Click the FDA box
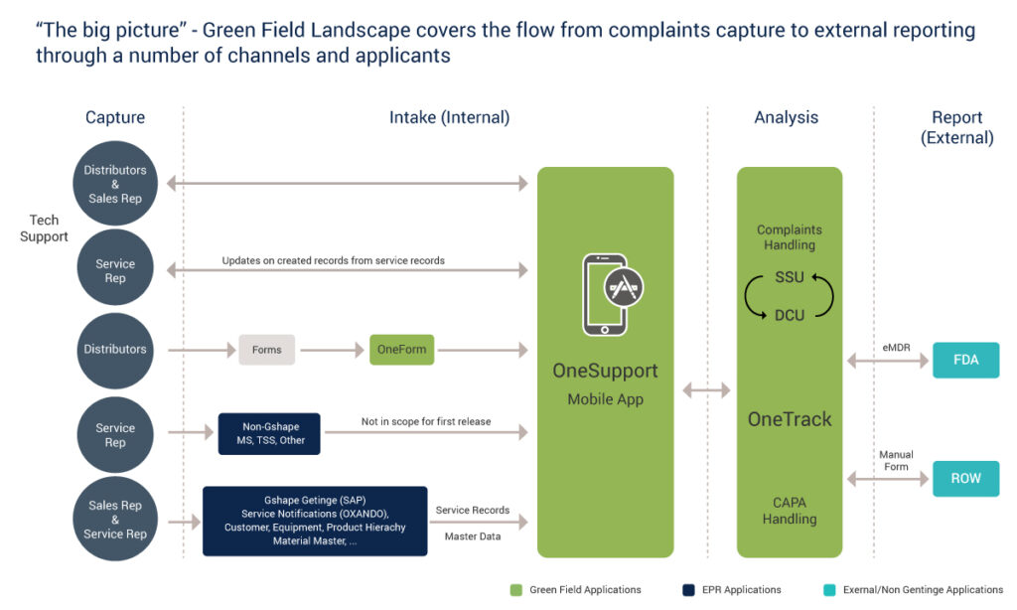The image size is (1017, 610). pos(965,361)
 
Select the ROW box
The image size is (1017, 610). pos(965,478)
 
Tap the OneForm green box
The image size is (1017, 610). pos(402,349)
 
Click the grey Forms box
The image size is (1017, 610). pos(266,349)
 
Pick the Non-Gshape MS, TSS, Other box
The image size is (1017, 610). pos(269,433)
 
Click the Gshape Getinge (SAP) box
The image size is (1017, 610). pos(315,521)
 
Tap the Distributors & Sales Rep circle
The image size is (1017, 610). pos(115,184)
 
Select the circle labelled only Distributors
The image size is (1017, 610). pos(115,351)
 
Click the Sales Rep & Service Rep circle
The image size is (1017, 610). pos(115,520)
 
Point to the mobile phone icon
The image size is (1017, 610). pos(612,294)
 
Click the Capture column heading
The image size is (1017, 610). pos(115,117)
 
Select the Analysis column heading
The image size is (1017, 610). pos(787,117)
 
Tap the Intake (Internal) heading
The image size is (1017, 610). pos(450,117)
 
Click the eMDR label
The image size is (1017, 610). pos(897,348)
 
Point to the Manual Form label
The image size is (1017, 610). pos(897,461)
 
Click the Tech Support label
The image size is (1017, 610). pos(44,229)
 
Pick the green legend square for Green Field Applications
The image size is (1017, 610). pos(516,590)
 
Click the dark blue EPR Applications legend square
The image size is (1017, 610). pos(689,590)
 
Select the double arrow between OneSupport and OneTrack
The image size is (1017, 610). pos(706,390)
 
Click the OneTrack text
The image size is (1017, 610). pos(790,419)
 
